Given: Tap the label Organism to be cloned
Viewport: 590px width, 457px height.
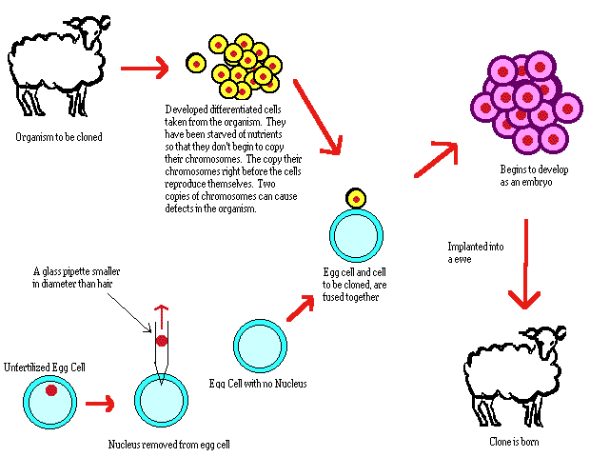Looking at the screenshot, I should point(58,136).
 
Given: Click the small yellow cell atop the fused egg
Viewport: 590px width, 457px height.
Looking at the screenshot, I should point(356,197).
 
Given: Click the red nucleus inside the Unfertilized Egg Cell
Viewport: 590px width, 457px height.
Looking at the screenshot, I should point(50,389).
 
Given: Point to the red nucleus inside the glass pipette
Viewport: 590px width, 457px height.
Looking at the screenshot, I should point(161,340).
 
